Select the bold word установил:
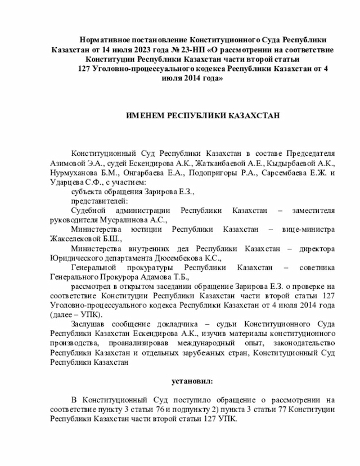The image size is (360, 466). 192,382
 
